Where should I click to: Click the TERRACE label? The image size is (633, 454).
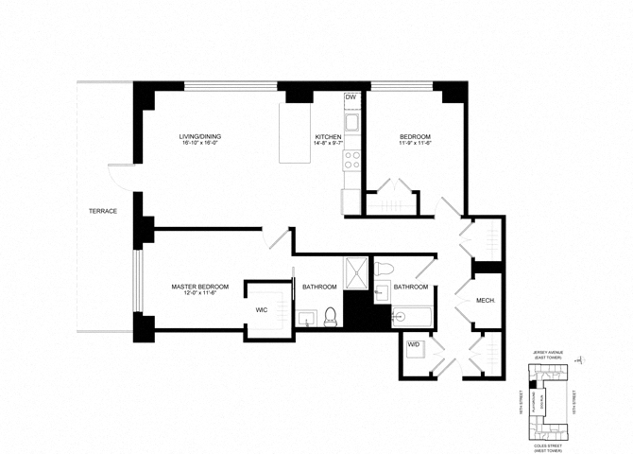coord(103,211)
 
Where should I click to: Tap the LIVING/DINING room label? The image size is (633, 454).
coord(200,137)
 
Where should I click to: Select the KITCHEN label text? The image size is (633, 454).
coord(328,137)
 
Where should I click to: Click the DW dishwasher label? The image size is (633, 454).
coord(351,97)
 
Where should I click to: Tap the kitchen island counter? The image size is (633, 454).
coord(296,141)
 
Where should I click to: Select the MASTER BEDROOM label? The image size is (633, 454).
coord(199,287)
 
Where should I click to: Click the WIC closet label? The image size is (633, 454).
coord(263,309)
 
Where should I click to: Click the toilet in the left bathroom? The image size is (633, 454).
coord(331,316)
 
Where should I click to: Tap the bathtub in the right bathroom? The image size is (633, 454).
coord(412,316)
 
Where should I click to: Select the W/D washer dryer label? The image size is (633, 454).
coord(413,345)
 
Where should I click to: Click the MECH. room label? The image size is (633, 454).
coord(486,301)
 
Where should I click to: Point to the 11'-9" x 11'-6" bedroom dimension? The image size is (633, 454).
coord(414,146)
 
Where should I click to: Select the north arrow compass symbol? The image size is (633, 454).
coord(587,360)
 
